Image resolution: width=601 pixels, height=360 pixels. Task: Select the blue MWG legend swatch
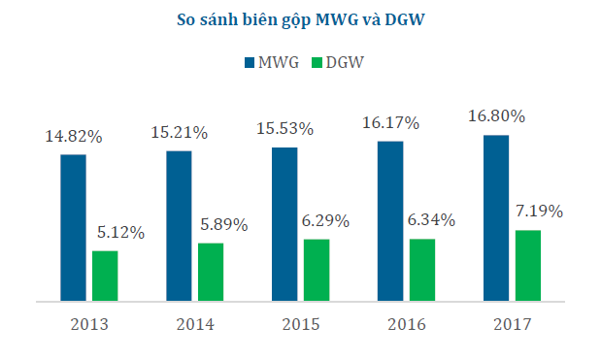point(249,62)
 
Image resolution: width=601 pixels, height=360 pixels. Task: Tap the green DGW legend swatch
point(316,62)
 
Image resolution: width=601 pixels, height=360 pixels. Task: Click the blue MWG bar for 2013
point(73,228)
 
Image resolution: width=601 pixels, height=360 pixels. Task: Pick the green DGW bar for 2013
point(105,277)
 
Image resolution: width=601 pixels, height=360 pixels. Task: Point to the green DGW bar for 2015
point(317,271)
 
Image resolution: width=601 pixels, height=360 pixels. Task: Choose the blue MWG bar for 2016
point(390,221)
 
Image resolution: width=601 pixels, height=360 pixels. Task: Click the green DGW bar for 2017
point(528,266)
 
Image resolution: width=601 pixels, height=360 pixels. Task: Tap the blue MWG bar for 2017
point(496,218)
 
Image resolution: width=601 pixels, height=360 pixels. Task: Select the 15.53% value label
point(284,128)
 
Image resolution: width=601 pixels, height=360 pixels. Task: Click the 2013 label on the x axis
point(88,324)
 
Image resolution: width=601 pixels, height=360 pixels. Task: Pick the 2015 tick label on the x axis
point(300,324)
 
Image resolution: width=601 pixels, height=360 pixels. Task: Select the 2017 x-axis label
point(512,324)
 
